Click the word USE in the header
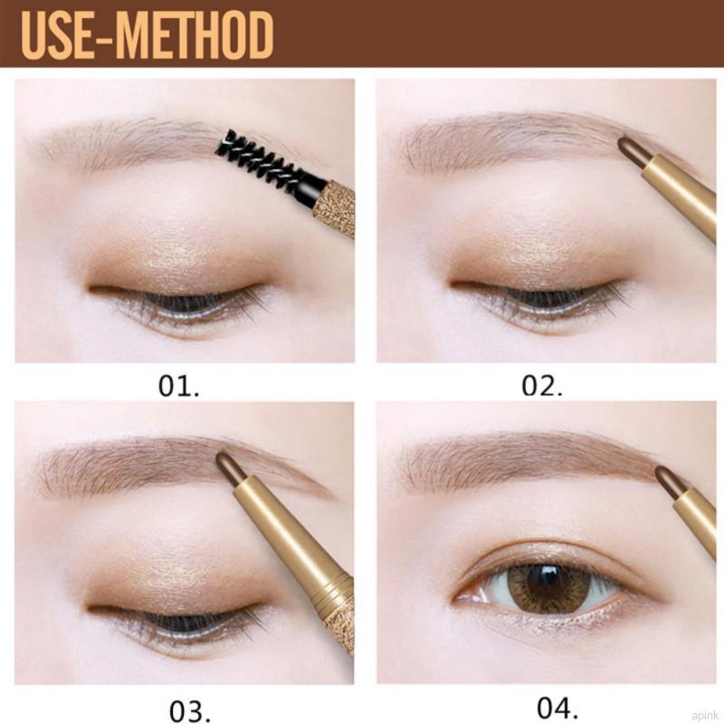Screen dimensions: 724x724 pos(57,35)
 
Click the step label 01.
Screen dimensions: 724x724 pos(178,386)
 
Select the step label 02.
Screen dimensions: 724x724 pos(542,386)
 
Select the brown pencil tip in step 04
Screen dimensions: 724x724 pos(667,479)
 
